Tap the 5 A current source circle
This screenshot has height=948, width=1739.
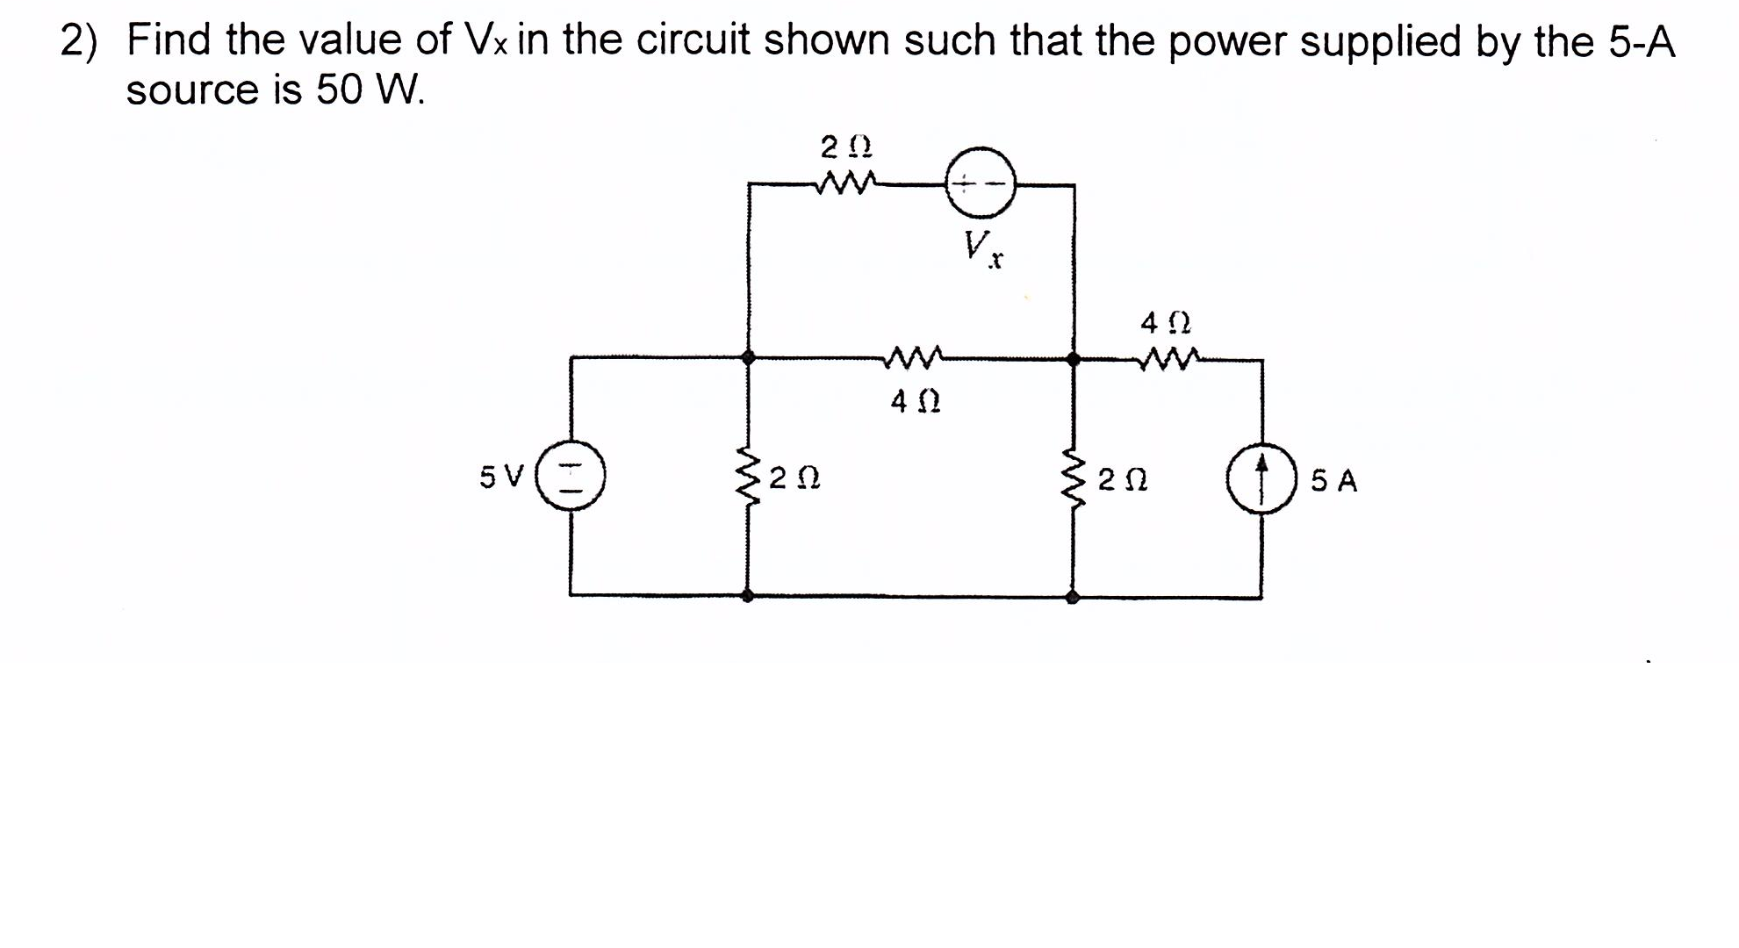click(x=1261, y=479)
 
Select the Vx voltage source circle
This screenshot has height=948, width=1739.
click(x=980, y=183)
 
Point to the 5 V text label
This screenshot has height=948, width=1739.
click(x=501, y=478)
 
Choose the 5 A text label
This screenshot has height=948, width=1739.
click(x=1333, y=481)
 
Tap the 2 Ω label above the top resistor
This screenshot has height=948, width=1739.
click(x=845, y=145)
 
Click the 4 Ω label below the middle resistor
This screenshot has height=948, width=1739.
click(x=915, y=402)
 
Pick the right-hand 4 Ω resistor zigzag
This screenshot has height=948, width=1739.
click(x=1168, y=358)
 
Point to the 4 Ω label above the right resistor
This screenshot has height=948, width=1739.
click(x=1165, y=324)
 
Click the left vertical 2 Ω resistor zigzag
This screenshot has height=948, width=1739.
click(x=748, y=479)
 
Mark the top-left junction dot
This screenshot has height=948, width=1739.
click(x=748, y=357)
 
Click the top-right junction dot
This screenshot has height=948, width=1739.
click(x=1073, y=359)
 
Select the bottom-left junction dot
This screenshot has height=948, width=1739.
click(x=747, y=596)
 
